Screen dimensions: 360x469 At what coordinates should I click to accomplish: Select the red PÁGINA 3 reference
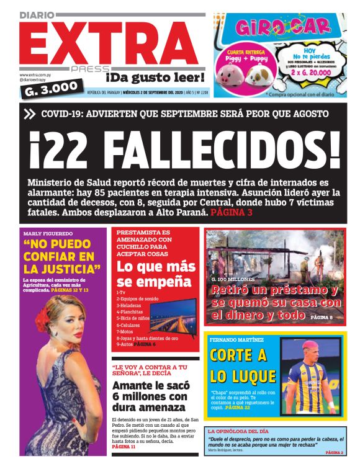coord(231,213)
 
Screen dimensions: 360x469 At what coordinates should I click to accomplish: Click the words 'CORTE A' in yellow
coord(238,355)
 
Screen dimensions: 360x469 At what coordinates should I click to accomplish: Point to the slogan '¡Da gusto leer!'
coord(154,77)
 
